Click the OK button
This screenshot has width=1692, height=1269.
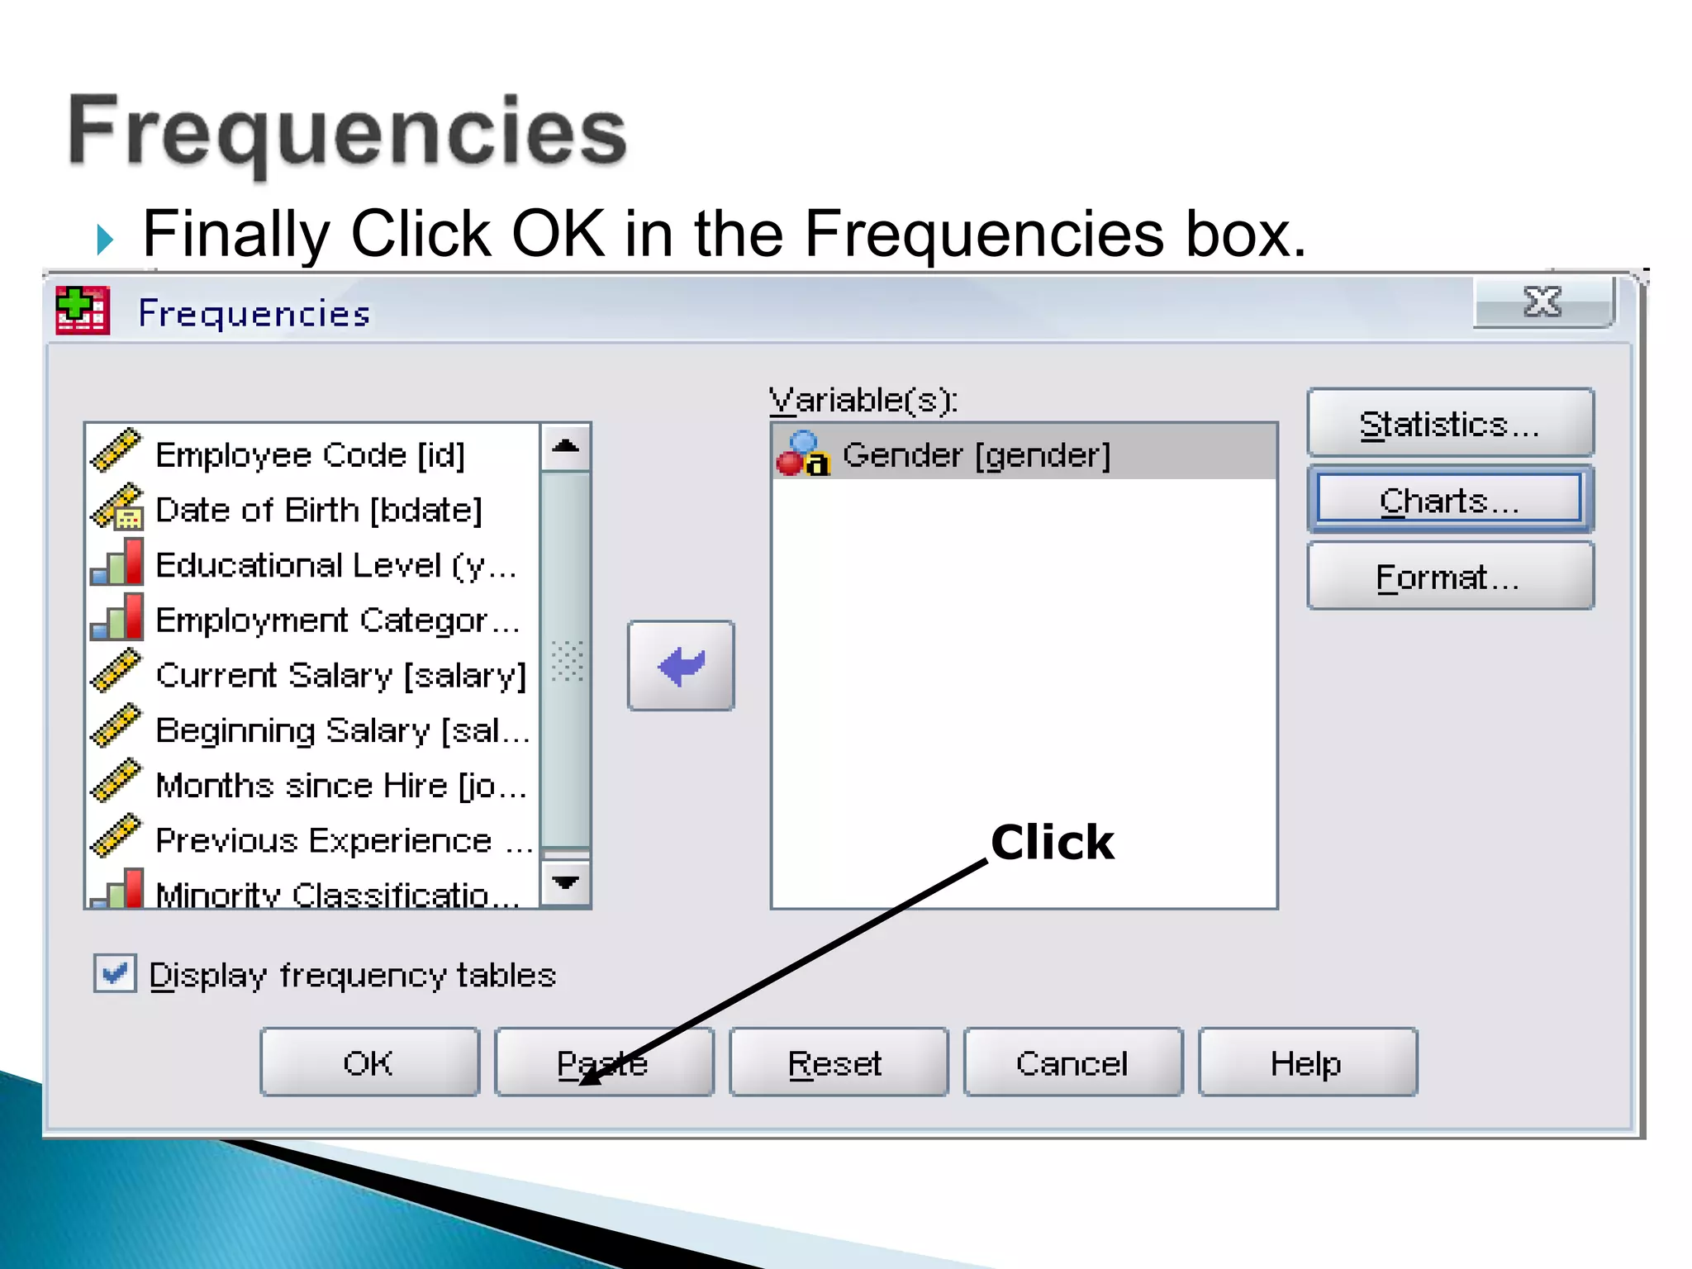(x=369, y=1062)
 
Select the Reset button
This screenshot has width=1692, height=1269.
(x=838, y=1062)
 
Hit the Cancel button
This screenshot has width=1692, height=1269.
(x=1072, y=1062)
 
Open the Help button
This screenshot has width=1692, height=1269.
(x=1307, y=1062)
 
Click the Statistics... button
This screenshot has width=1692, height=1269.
(x=1450, y=424)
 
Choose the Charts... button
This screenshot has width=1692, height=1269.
(x=1450, y=500)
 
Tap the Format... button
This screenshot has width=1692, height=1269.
(x=1450, y=577)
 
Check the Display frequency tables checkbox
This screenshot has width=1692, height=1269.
(x=115, y=974)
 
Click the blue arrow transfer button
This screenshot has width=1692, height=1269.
(x=681, y=666)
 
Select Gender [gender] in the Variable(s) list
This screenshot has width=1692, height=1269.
(x=976, y=455)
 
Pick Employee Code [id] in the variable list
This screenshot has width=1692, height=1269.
(x=310, y=455)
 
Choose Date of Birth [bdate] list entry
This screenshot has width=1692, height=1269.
(x=318, y=511)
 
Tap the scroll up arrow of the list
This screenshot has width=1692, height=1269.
(x=566, y=447)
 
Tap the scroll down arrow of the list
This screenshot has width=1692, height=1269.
(x=566, y=883)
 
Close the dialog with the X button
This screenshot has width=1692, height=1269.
(x=1542, y=302)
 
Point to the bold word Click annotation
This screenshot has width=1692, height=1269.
(x=1053, y=843)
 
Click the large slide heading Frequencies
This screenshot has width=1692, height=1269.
(x=347, y=132)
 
